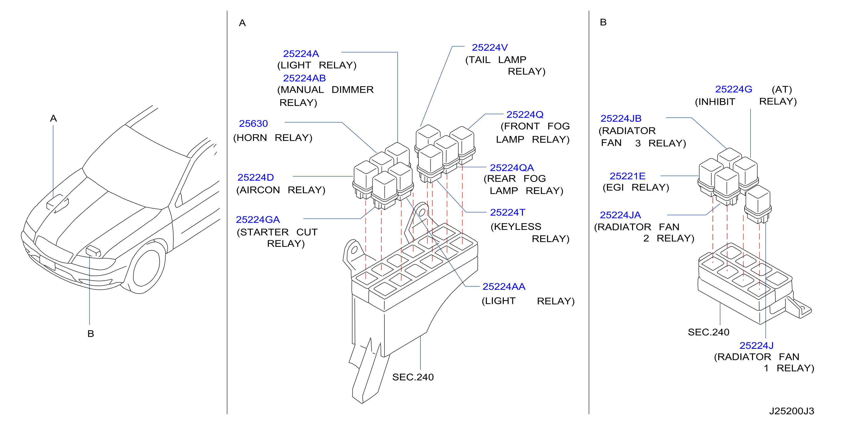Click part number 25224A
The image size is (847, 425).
click(301, 53)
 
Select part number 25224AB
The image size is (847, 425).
click(304, 78)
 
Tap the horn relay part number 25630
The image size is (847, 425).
click(253, 123)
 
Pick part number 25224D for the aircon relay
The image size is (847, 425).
click(256, 177)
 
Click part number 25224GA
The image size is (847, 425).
click(258, 219)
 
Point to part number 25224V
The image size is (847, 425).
click(489, 47)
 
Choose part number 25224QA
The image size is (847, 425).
click(512, 168)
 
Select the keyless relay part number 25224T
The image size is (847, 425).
click(508, 213)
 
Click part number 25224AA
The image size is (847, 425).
click(504, 286)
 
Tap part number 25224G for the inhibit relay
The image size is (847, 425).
click(734, 89)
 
